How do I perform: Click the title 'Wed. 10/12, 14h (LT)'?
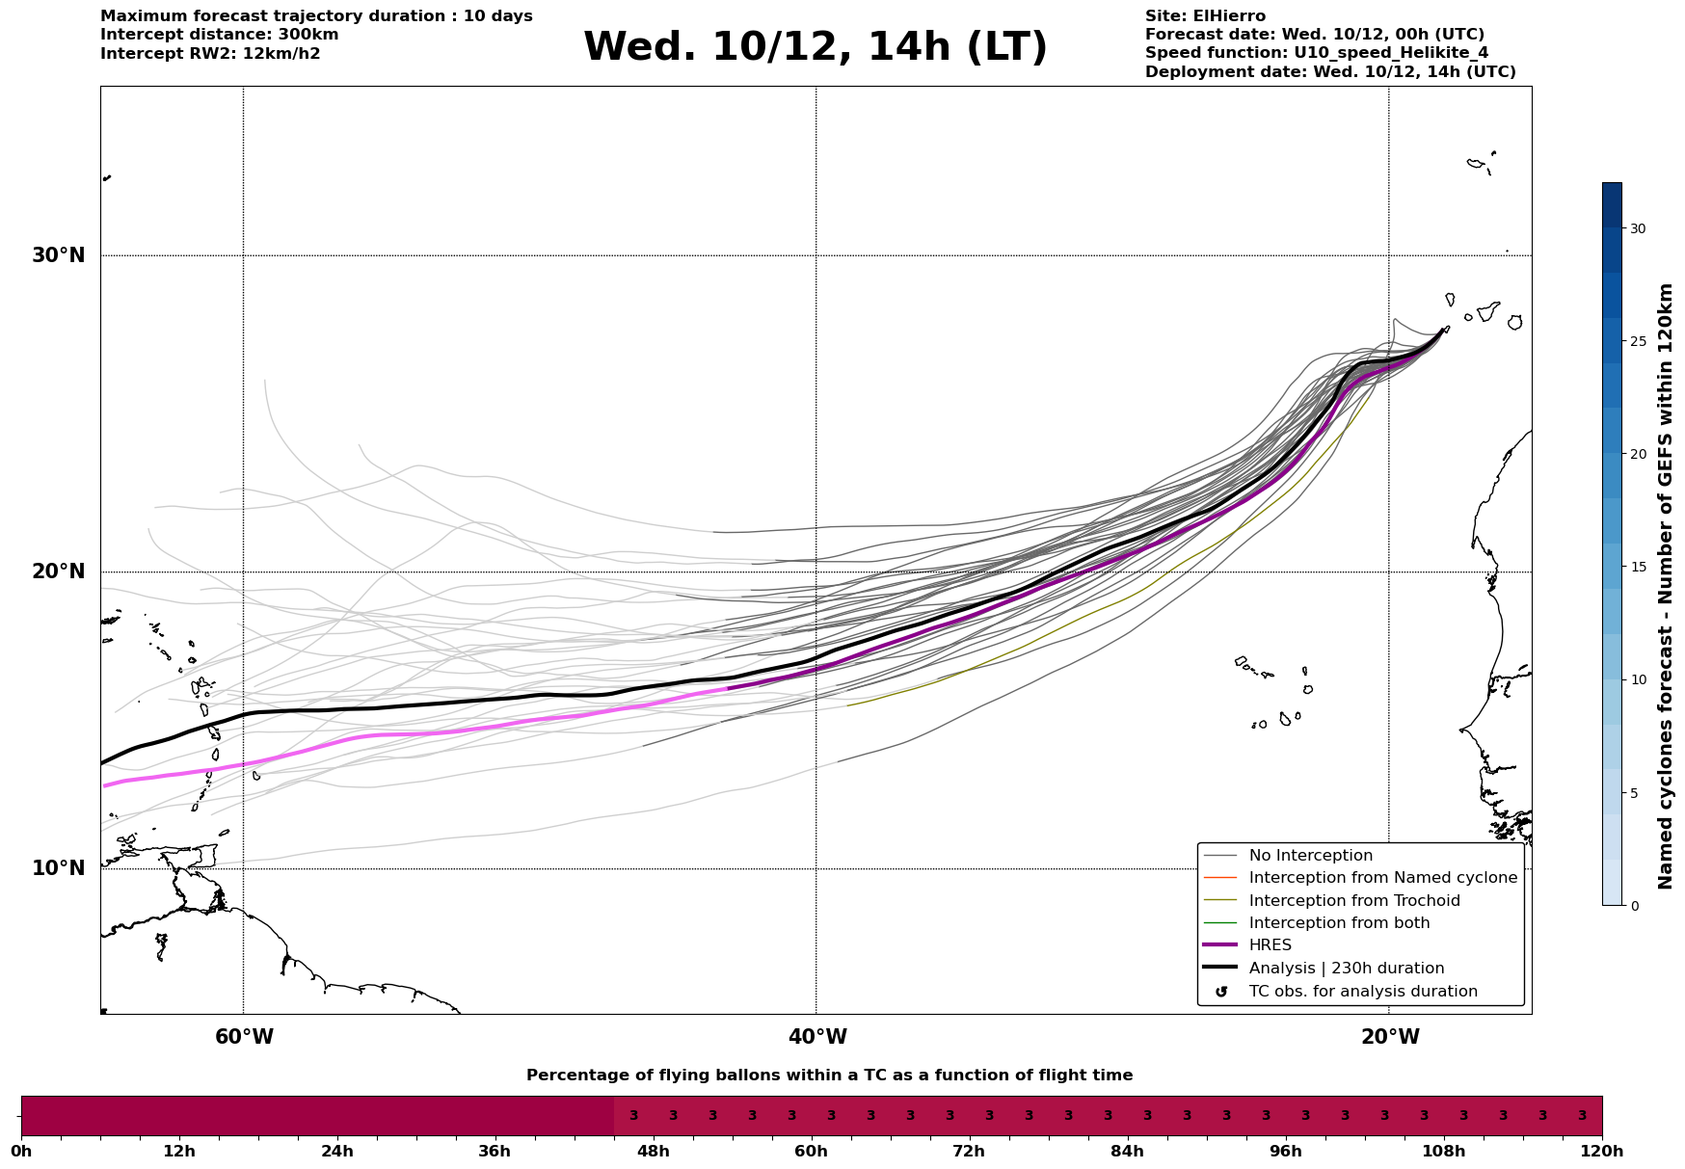click(x=815, y=47)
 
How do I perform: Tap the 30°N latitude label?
click(x=58, y=255)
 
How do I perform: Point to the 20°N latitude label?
click(x=58, y=571)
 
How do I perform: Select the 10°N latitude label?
click(x=58, y=868)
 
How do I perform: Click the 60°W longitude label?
click(x=244, y=1037)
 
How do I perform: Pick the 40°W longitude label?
click(x=817, y=1037)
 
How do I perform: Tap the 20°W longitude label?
click(x=1390, y=1037)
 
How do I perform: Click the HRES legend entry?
click(x=1270, y=945)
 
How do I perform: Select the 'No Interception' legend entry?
click(x=1310, y=856)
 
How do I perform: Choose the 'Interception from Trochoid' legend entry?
click(x=1353, y=901)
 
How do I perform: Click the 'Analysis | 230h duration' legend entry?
click(x=1346, y=969)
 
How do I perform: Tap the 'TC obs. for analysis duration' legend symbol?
click(x=1221, y=992)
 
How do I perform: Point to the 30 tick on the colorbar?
click(x=1638, y=228)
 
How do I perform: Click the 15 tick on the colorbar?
click(x=1638, y=567)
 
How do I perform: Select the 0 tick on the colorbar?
click(x=1634, y=906)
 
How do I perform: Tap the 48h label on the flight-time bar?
click(x=653, y=1151)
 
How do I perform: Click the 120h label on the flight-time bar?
click(x=1602, y=1151)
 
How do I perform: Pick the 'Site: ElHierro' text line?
click(x=1205, y=16)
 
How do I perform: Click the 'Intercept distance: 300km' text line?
click(x=219, y=35)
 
